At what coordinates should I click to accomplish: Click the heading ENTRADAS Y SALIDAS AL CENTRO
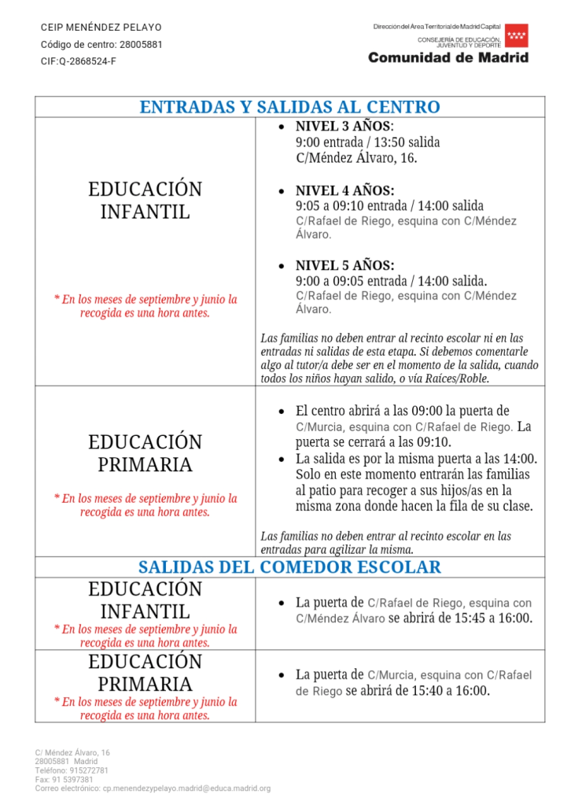(x=289, y=107)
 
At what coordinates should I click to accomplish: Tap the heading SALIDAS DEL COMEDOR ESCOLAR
(x=289, y=567)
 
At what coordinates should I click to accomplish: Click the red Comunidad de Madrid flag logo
(x=517, y=35)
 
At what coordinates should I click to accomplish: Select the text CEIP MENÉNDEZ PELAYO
(x=101, y=28)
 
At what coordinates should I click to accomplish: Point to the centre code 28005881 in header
(x=141, y=44)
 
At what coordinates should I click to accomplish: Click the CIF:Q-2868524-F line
(x=79, y=61)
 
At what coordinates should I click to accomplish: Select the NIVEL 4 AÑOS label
(x=344, y=191)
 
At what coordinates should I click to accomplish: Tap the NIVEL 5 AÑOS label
(x=344, y=266)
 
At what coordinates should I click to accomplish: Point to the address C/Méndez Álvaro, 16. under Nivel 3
(x=356, y=157)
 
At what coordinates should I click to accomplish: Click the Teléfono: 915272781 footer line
(x=72, y=771)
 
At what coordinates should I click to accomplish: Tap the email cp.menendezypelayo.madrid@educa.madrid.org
(x=186, y=788)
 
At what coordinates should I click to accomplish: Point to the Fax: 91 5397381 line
(x=64, y=780)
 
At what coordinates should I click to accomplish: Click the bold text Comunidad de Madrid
(x=448, y=57)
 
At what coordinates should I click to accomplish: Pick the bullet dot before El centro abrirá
(x=282, y=412)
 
